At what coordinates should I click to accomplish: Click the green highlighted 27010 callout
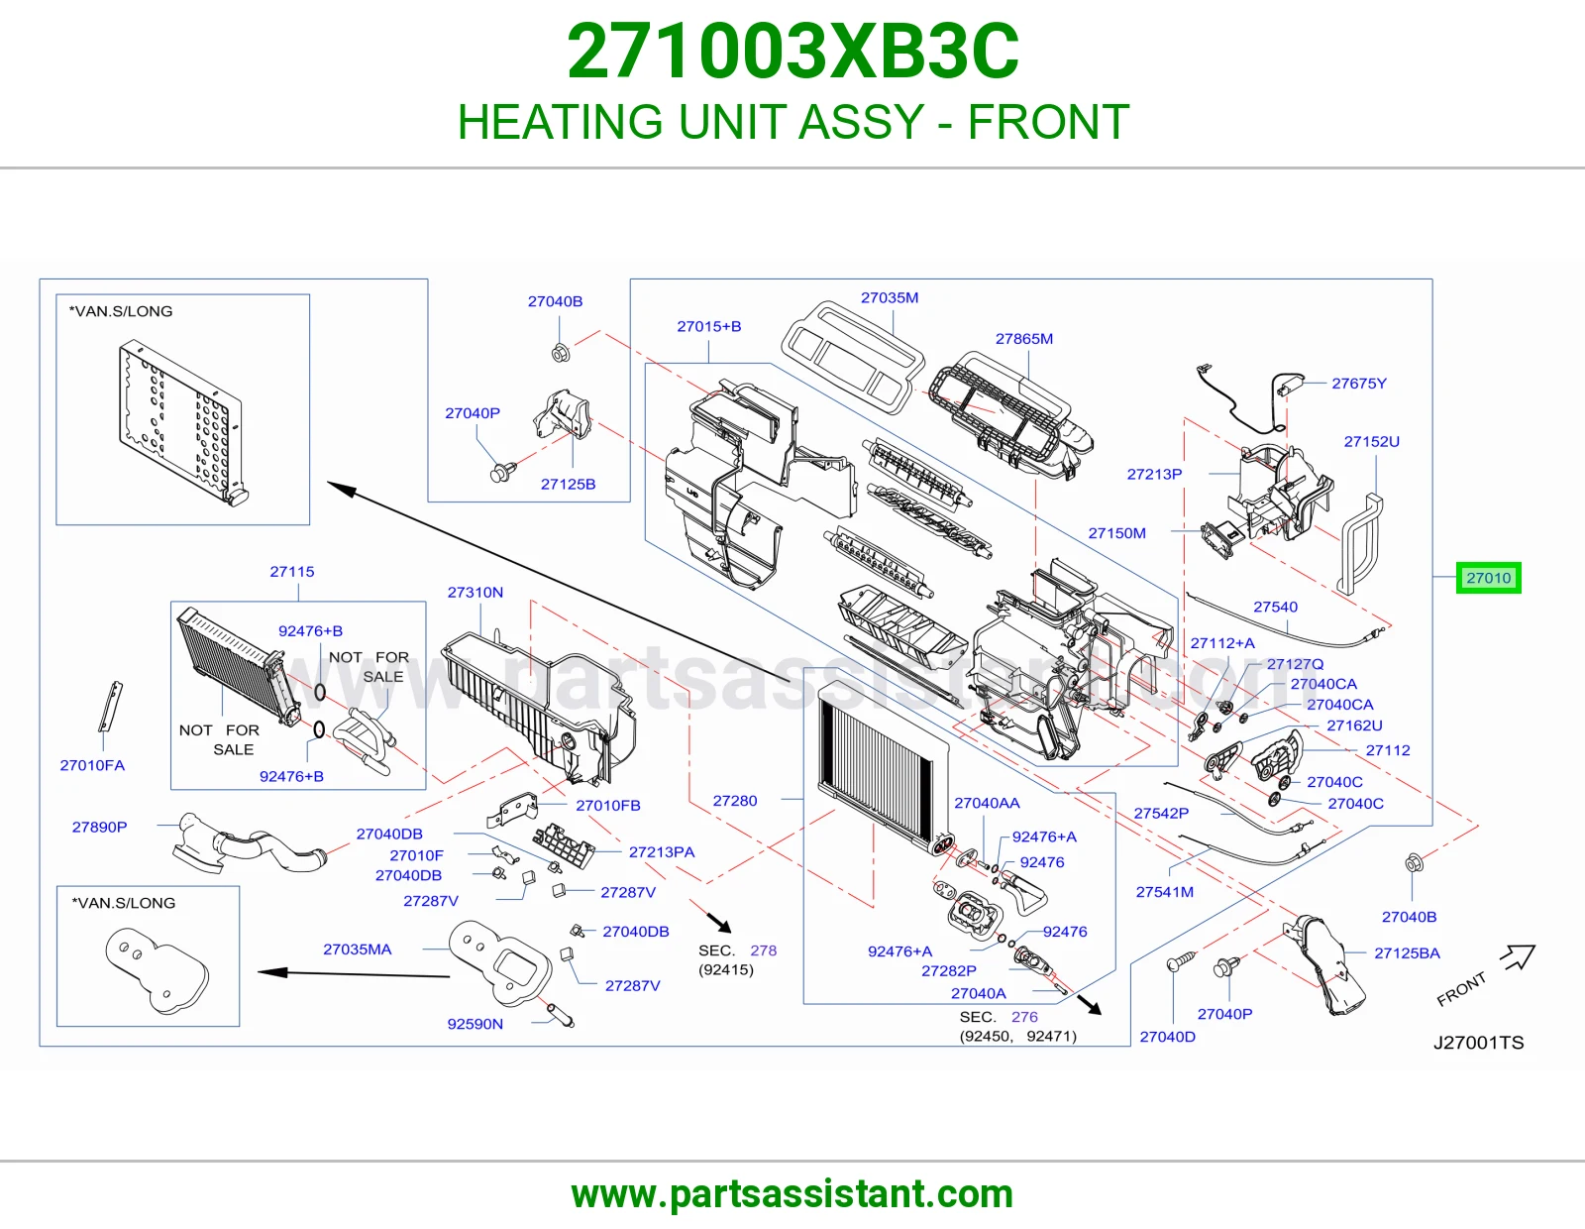(x=1488, y=578)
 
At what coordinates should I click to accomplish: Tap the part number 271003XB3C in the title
(x=792, y=52)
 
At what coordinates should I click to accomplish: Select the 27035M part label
(x=890, y=297)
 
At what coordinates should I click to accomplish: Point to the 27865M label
(x=1024, y=339)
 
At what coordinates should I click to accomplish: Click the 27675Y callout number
(x=1359, y=384)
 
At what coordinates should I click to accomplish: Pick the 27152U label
(x=1371, y=441)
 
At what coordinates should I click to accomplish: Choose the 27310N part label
(x=475, y=592)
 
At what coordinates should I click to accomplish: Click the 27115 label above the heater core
(x=292, y=572)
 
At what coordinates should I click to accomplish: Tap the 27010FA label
(x=92, y=765)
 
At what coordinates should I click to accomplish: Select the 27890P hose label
(x=99, y=827)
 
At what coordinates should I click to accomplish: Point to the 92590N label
(x=475, y=1024)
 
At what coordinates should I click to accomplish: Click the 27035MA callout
(x=358, y=949)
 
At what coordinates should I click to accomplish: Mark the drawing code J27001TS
(x=1478, y=1042)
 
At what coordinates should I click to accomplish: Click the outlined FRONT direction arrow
(x=1519, y=956)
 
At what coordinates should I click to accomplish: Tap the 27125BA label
(x=1407, y=953)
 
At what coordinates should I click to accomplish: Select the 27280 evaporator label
(x=734, y=801)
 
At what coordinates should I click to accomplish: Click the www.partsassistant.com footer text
(x=792, y=1194)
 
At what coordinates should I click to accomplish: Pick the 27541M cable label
(x=1165, y=892)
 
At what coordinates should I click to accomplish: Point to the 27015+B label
(x=709, y=326)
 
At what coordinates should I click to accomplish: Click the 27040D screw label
(x=1168, y=1037)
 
